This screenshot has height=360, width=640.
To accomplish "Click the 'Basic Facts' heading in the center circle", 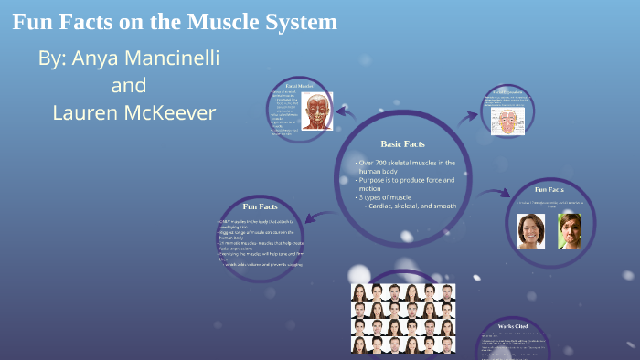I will coord(402,143).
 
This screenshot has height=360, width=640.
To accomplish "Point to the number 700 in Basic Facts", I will coord(389,163).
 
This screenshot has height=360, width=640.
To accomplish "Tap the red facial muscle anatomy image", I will coord(317,110).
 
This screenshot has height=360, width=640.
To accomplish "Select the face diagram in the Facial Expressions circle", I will coord(506,121).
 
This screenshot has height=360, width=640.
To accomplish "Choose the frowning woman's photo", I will coord(571,231).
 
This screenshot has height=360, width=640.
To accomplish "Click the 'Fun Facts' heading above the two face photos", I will coord(549,189).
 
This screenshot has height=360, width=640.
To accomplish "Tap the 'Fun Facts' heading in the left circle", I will coord(261,206).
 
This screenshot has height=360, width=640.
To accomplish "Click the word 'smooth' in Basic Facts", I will coord(441,206).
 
